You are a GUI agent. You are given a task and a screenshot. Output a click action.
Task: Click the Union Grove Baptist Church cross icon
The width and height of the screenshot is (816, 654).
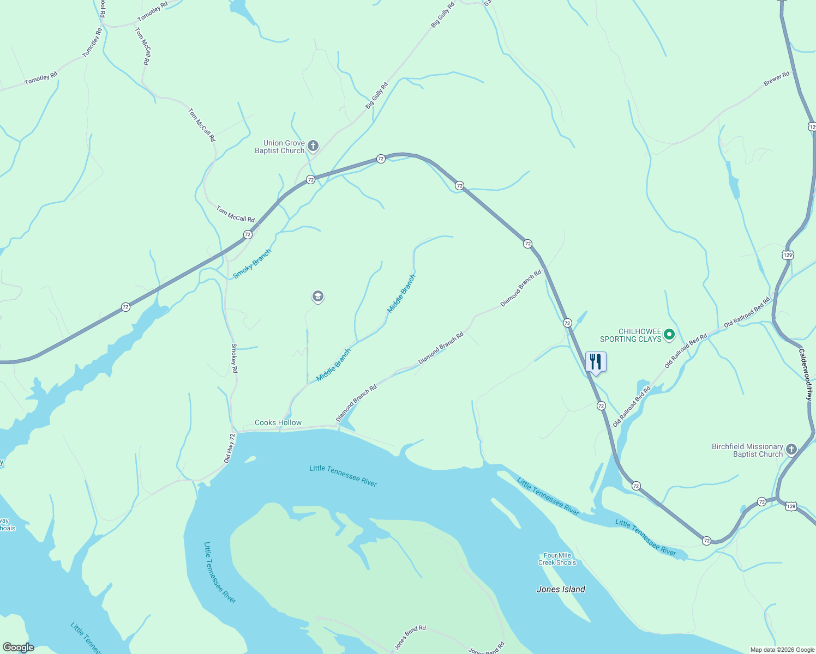tap(313, 146)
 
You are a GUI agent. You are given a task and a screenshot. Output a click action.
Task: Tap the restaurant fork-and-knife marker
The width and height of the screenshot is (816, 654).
tap(596, 362)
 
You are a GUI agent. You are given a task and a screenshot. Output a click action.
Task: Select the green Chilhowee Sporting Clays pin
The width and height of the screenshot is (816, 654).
tap(669, 335)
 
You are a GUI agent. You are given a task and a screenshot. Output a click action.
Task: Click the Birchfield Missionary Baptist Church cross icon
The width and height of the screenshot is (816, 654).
tap(791, 450)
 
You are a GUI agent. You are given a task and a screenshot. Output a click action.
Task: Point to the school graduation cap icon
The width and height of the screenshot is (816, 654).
tap(318, 296)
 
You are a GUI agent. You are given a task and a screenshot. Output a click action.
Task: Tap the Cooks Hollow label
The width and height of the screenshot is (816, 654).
tap(278, 422)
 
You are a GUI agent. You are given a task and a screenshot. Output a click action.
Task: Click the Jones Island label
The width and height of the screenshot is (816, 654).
tap(561, 589)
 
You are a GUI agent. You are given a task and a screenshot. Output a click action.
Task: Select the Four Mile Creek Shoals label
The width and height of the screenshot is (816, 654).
tap(557, 559)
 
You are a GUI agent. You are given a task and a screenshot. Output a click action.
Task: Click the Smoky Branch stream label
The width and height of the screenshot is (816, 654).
tap(252, 264)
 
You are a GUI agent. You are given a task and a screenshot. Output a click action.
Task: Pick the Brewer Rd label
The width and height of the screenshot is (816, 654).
tap(776, 78)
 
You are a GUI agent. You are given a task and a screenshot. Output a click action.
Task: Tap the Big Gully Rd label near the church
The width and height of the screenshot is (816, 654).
tap(376, 95)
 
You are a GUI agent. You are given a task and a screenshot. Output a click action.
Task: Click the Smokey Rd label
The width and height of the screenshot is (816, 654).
tap(235, 358)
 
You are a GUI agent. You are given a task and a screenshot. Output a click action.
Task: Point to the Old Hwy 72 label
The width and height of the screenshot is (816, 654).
tap(229, 448)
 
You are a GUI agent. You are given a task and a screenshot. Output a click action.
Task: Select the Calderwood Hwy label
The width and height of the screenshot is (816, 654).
tap(806, 374)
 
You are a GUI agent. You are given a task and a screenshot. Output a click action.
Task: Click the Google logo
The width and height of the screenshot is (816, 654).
tap(18, 647)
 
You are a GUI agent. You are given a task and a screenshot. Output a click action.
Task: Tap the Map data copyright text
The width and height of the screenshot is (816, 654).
tap(782, 650)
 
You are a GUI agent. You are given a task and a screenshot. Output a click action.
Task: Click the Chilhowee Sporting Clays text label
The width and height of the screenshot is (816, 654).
tap(631, 335)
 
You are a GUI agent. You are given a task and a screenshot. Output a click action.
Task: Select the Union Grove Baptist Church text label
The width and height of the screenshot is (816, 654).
tap(280, 147)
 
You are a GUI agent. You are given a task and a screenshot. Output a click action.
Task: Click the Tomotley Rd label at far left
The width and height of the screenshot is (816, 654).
tap(41, 79)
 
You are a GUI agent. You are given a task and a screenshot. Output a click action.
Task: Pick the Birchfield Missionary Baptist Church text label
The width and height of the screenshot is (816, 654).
tap(747, 450)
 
